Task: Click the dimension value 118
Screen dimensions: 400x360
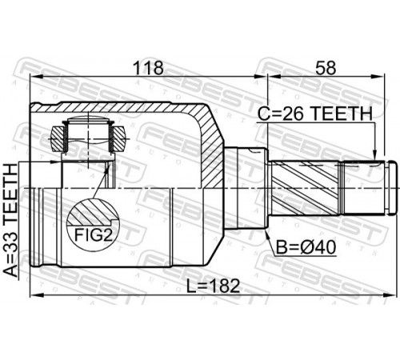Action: tap(148, 68)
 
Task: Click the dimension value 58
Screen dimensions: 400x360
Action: tap(326, 68)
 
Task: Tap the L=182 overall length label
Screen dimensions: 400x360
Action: tap(213, 286)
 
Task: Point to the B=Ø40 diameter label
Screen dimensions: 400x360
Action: tap(306, 247)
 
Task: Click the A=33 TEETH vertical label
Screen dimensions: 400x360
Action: tap(10, 220)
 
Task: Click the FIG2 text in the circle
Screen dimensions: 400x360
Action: tap(93, 235)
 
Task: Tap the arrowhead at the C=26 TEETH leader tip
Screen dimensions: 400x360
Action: tap(375, 155)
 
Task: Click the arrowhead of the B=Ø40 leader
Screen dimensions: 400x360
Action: tap(267, 234)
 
